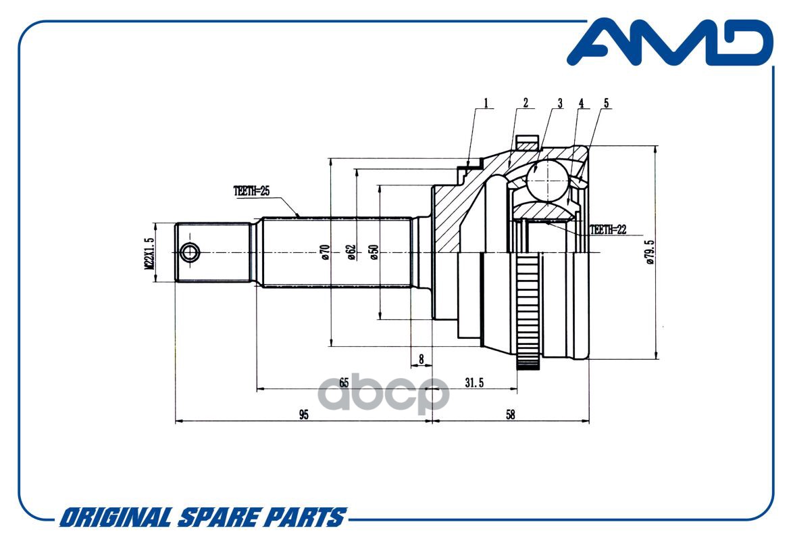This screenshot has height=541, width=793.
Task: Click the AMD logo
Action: click(669, 43)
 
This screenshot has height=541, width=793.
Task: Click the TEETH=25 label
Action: click(251, 191)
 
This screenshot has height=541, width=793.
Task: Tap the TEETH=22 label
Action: click(608, 230)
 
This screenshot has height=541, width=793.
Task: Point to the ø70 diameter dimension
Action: click(325, 252)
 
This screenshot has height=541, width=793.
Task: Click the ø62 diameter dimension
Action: click(351, 252)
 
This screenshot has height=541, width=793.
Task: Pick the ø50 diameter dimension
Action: click(374, 252)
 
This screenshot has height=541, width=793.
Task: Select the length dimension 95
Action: click(303, 415)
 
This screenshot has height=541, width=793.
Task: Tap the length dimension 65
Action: click(344, 382)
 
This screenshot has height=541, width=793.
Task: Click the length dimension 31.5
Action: click(474, 382)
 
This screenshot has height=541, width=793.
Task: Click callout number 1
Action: click(485, 103)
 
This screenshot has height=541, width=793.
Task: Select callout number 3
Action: click(559, 103)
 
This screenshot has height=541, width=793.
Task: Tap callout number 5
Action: click(606, 103)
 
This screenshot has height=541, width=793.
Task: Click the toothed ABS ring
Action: click(528, 311)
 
